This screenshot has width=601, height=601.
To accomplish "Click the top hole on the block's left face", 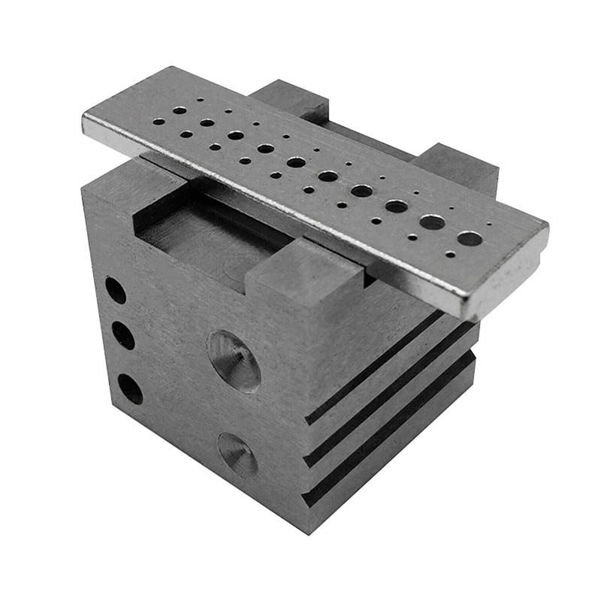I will (x=115, y=290).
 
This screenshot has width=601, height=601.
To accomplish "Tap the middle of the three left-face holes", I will (x=123, y=336).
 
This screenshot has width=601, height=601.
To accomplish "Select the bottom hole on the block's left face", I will (x=130, y=388).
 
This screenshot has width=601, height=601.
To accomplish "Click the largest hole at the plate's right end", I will (x=470, y=238).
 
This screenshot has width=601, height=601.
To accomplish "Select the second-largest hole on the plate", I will (x=432, y=222).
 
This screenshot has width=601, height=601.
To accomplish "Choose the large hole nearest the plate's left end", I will (x=180, y=110).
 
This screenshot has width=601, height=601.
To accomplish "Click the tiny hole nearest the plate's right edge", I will (x=489, y=224).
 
